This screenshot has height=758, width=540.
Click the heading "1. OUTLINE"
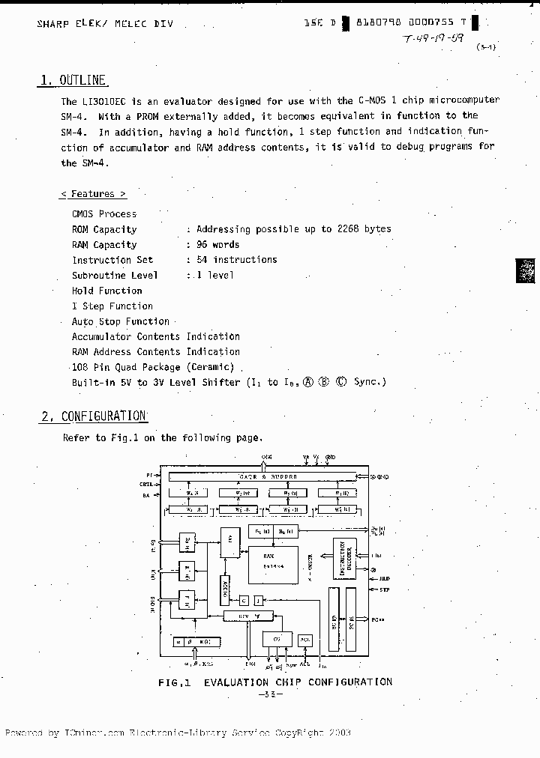(73, 81)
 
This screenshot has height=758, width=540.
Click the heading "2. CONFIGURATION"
(93, 416)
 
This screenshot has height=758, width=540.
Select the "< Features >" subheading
(93, 194)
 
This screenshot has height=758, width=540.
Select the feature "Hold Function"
(106, 291)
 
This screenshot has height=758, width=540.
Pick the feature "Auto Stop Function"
(120, 321)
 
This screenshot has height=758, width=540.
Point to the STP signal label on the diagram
(385, 590)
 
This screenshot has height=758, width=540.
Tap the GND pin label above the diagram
(330, 456)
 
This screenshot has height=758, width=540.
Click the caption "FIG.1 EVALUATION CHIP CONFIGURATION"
(274, 682)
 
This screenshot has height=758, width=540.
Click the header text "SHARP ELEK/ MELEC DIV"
(104, 24)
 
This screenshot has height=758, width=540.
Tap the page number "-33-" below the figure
(269, 694)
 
